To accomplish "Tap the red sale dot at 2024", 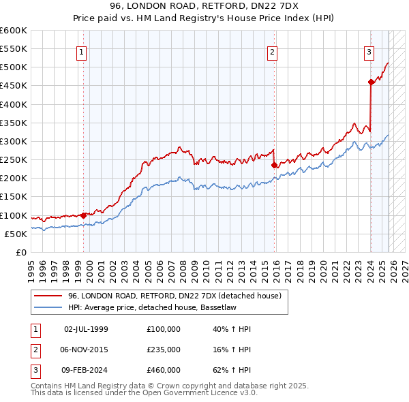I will click(371, 82).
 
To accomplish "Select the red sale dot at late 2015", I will click(274, 165).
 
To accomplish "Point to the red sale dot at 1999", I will click(84, 215).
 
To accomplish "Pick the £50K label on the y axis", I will click(16, 234).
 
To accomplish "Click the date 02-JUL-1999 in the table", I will click(86, 329).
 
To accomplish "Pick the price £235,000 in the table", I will click(164, 350).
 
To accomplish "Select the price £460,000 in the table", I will click(164, 370).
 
